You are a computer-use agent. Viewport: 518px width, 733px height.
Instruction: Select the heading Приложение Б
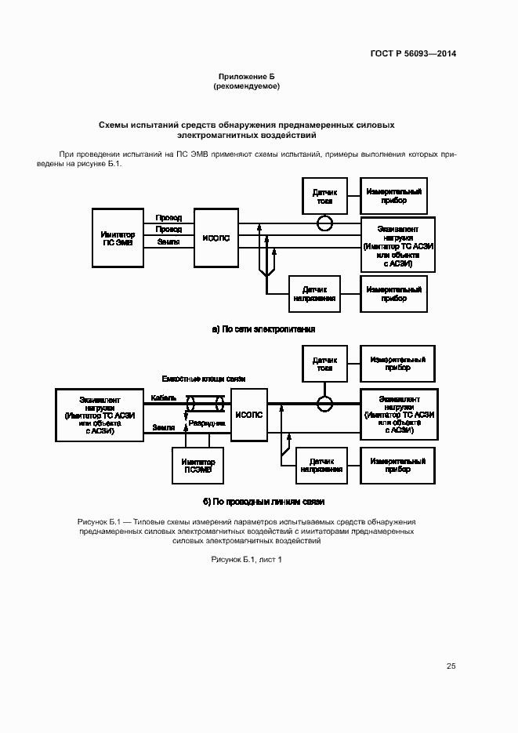coord(246,77)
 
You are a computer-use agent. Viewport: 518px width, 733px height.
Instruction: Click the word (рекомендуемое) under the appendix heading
coord(246,86)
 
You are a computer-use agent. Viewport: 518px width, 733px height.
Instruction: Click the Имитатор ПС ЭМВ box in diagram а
coord(118,238)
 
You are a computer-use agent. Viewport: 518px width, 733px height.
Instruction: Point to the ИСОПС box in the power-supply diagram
coord(216,239)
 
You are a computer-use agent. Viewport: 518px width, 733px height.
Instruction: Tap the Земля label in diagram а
coord(168,242)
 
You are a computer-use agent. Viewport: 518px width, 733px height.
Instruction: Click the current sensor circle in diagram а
coord(324,223)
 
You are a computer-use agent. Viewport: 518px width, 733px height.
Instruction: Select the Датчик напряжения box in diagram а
coord(316,294)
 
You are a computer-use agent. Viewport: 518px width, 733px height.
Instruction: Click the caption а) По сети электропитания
coord(263,329)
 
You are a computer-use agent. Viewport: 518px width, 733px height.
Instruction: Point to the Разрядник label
coord(207,423)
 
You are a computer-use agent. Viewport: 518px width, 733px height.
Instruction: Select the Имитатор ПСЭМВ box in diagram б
coord(198,466)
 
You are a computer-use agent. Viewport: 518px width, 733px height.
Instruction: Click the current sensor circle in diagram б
coord(324,404)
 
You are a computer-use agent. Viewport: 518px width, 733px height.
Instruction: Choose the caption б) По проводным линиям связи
coord(263,501)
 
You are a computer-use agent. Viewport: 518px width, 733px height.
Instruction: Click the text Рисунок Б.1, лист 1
coord(246,559)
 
